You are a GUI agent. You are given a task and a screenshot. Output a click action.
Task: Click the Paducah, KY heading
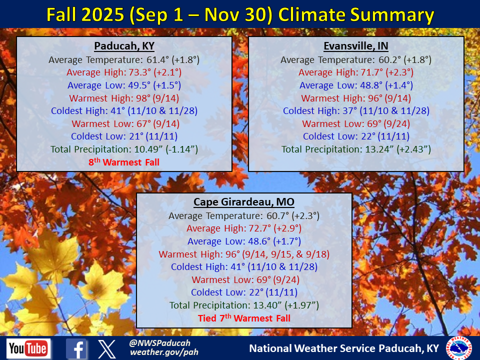click(x=124, y=46)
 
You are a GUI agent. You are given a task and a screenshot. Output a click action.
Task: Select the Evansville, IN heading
click(x=355, y=46)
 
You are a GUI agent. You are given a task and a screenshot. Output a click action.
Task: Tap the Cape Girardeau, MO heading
click(x=244, y=202)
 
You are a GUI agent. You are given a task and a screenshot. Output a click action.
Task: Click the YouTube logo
click(x=28, y=348)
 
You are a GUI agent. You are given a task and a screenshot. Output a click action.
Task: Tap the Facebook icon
click(x=76, y=348)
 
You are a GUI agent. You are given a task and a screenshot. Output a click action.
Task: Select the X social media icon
click(x=107, y=349)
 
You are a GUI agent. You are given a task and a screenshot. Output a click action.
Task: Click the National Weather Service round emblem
click(x=459, y=348)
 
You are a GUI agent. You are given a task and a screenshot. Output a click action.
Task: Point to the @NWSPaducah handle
click(x=159, y=343)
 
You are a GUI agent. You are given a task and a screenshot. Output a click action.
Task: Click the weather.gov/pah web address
click(x=164, y=352)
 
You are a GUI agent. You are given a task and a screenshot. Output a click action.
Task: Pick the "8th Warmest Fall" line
click(x=124, y=162)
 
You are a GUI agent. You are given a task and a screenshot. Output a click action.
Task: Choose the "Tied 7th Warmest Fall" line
click(x=244, y=318)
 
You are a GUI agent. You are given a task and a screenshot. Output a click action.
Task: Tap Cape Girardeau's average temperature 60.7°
click(x=277, y=216)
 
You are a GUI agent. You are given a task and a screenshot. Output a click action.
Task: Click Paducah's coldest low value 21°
click(x=136, y=136)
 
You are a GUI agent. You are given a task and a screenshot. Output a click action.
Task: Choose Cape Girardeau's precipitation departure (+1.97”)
click(x=302, y=305)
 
